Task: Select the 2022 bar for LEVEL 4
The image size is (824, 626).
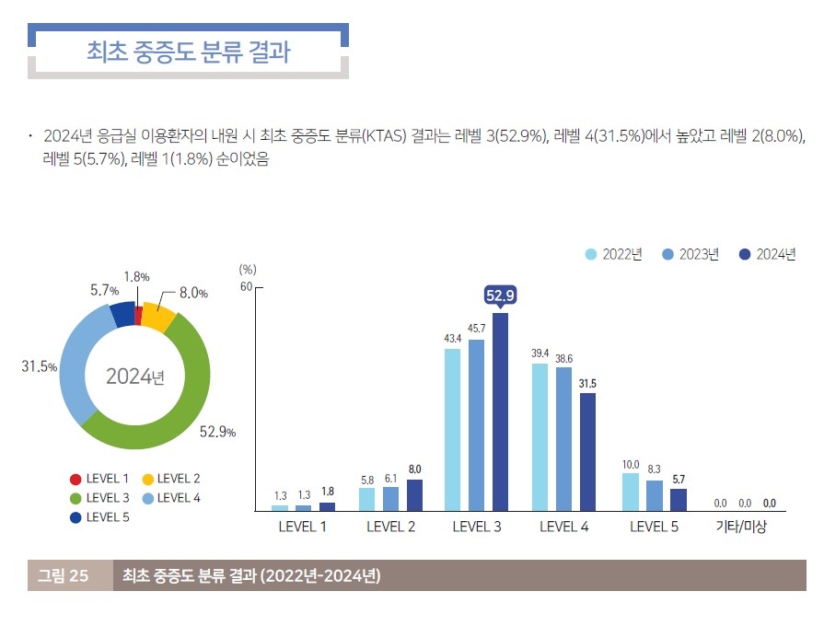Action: click(x=540, y=437)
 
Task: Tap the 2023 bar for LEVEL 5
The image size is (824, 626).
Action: click(x=654, y=495)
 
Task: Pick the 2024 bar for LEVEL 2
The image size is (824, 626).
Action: click(x=414, y=495)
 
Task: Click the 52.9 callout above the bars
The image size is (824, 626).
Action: click(x=500, y=295)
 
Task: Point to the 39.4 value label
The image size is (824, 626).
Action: click(x=540, y=354)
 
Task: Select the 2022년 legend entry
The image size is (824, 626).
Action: click(x=614, y=255)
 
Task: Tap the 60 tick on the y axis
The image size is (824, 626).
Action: click(x=246, y=286)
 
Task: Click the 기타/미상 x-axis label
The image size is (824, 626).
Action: click(x=741, y=527)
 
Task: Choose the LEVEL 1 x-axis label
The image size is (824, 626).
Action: click(x=302, y=527)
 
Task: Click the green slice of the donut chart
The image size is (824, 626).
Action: click(x=175, y=405)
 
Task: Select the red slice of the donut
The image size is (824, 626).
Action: click(x=138, y=315)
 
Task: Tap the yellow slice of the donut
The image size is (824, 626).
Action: click(x=157, y=318)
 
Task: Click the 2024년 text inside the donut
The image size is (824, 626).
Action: click(x=134, y=377)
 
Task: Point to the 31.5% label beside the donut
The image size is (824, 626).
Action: click(x=40, y=366)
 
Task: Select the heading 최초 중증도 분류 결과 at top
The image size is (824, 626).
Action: click(x=188, y=52)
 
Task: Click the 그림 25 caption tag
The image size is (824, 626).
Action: click(x=64, y=576)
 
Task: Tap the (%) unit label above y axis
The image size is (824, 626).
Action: click(x=247, y=270)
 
